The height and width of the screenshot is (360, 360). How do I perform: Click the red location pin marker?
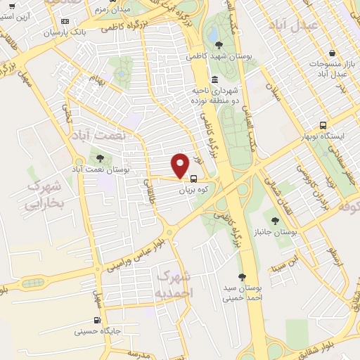tap(181, 165)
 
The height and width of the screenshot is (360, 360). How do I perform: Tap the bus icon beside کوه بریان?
tap(193, 179)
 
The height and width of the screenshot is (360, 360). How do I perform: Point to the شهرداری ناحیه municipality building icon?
tap(214, 79)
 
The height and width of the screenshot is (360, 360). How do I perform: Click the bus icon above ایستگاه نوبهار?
tap(323, 124)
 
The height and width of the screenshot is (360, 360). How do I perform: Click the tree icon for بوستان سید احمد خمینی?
tap(242, 277)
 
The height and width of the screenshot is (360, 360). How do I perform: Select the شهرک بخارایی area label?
tap(44, 195)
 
